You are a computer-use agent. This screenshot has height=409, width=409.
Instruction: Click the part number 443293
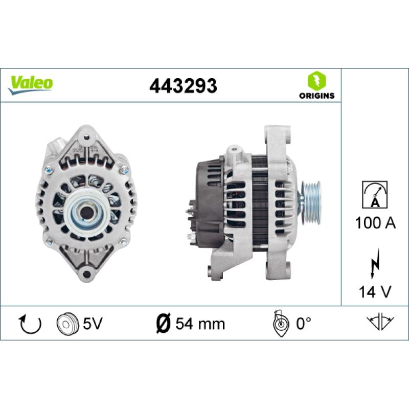[x=183, y=86]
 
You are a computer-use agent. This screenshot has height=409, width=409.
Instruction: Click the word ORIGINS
[x=316, y=96]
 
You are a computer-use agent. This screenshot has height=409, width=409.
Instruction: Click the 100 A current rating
[x=375, y=223]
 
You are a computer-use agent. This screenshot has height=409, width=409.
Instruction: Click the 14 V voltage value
[x=375, y=292]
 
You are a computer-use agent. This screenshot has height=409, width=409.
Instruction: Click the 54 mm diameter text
[x=199, y=324]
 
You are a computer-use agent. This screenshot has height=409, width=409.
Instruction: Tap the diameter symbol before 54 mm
[x=162, y=324]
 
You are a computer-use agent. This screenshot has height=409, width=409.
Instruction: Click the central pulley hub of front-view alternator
[x=85, y=210]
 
